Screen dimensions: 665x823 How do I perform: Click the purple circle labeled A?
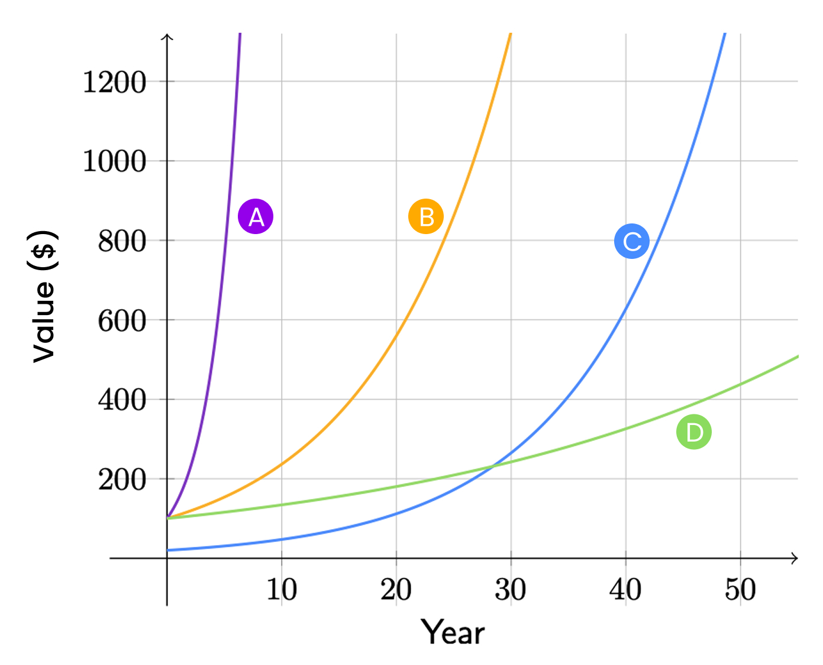pos(256,216)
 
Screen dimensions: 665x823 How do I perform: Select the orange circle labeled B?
pos(426,216)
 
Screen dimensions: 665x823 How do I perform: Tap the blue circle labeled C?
pos(632,241)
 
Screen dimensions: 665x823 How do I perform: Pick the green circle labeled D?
pos(693,432)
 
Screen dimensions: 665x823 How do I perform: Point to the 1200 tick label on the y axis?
pos(114,82)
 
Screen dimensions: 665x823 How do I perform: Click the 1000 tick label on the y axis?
pos(114,161)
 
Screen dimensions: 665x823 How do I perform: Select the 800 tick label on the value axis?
pos(122,241)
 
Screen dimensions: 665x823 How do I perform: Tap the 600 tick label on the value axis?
pos(122,321)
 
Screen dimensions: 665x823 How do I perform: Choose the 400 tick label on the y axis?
pos(122,400)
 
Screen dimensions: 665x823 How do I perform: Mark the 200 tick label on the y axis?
pos(122,480)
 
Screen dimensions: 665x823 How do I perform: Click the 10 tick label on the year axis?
pos(282,589)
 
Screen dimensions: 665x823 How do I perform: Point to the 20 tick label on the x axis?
pos(396,589)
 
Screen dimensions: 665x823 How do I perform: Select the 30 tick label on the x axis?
pos(511,589)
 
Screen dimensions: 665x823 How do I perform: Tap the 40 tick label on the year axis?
pos(625,589)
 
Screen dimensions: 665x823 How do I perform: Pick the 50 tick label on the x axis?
pos(740,589)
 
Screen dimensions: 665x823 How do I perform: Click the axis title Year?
pos(453,632)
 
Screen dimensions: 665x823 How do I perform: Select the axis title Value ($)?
pos(44,296)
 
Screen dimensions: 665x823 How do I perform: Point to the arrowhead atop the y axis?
pos(167,37)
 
